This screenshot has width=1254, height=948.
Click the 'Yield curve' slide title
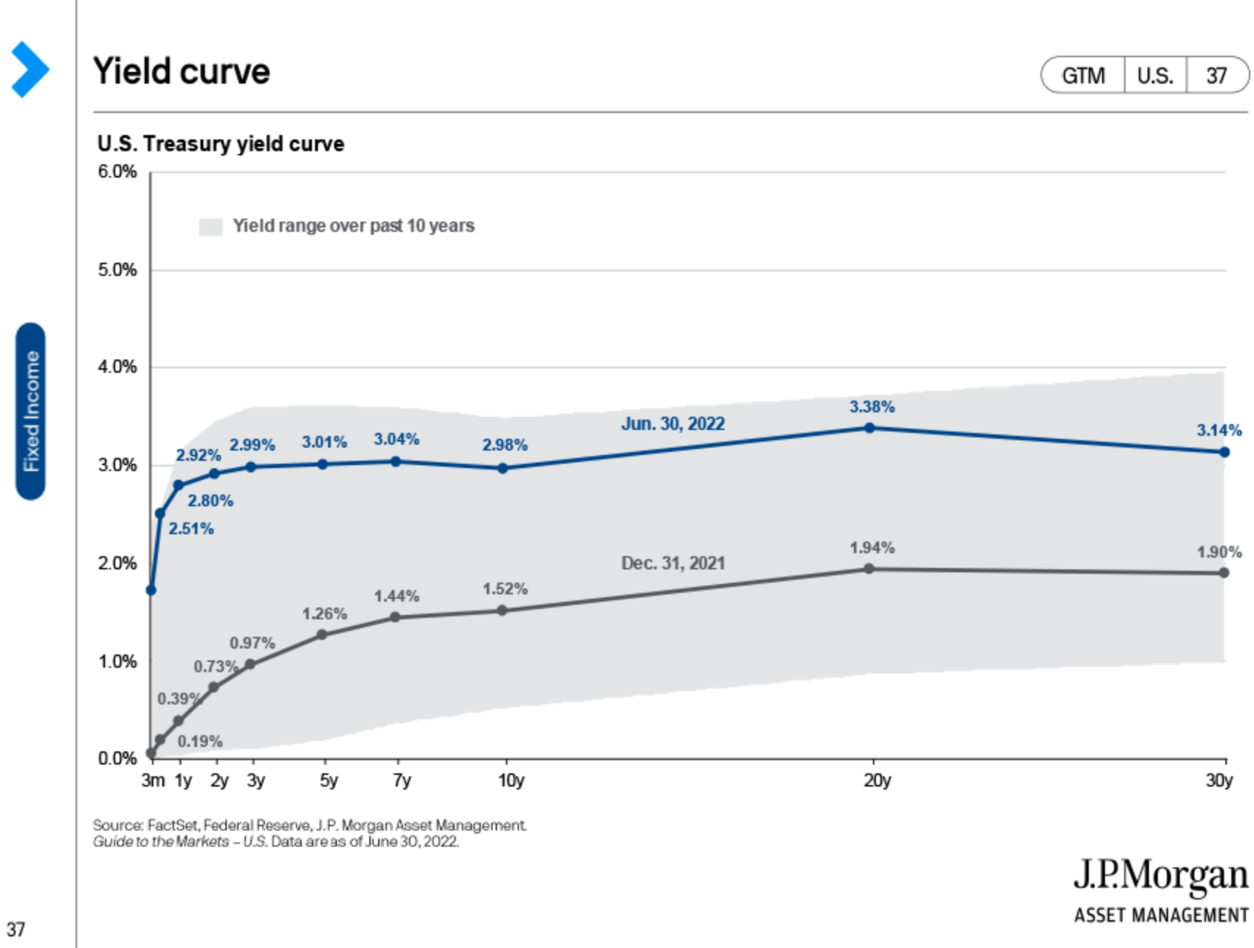181,72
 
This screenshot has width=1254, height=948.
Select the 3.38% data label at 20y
871,406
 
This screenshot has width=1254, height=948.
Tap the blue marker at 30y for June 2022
1224,452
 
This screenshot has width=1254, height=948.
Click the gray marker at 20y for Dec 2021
869,569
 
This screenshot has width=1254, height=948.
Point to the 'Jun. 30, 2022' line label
673,424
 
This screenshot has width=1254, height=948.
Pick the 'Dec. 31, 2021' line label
673,563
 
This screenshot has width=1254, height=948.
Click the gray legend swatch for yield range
211,227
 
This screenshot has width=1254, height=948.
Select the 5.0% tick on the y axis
117,270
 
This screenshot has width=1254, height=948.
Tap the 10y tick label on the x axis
511,780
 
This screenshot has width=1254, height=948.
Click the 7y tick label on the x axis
402,780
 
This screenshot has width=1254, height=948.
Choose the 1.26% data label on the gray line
324,613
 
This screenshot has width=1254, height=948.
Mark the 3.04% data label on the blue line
396,439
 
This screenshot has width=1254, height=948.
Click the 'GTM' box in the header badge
1083,76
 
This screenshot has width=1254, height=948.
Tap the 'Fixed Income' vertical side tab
31,411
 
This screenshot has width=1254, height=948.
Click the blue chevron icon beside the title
29,70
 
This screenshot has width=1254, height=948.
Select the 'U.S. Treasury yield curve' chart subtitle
220,144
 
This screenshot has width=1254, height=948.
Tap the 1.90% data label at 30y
1219,552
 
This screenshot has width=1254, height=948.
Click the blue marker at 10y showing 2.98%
503,468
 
